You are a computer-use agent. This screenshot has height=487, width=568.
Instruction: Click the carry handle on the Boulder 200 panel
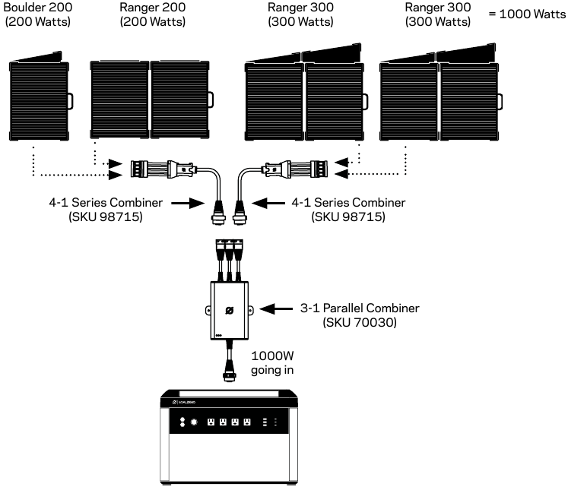click(x=70, y=102)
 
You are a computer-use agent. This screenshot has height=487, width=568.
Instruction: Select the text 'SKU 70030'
click(x=360, y=322)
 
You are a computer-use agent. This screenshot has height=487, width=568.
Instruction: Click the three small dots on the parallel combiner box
click(x=219, y=335)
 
